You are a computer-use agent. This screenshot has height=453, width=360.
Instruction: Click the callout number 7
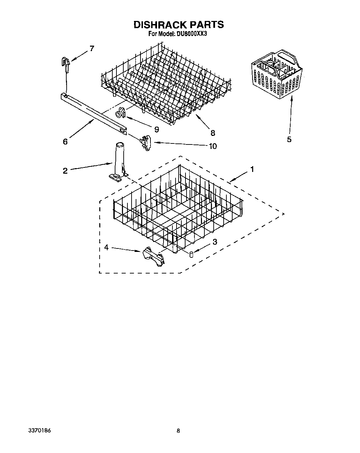[x=91, y=48]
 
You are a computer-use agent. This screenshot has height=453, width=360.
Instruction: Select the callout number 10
[x=213, y=146]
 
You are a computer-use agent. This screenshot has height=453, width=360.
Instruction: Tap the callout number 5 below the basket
[x=289, y=139]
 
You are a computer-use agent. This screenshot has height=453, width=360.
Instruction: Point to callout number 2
[x=65, y=171]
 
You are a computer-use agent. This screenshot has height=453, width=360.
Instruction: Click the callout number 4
[x=106, y=247]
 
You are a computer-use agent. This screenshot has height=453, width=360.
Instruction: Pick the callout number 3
[x=215, y=242]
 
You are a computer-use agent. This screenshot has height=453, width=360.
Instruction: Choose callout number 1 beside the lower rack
[x=252, y=169]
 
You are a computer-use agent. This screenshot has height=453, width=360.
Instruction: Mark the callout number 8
[x=213, y=133]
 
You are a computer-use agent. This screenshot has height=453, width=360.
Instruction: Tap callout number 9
[x=156, y=129]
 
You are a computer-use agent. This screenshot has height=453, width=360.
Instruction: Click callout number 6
[x=65, y=141]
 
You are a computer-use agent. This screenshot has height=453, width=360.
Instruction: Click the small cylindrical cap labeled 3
[x=191, y=254]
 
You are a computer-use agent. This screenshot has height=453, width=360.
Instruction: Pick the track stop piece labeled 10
[x=146, y=142]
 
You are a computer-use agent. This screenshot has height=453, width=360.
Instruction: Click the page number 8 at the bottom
[x=178, y=431]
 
